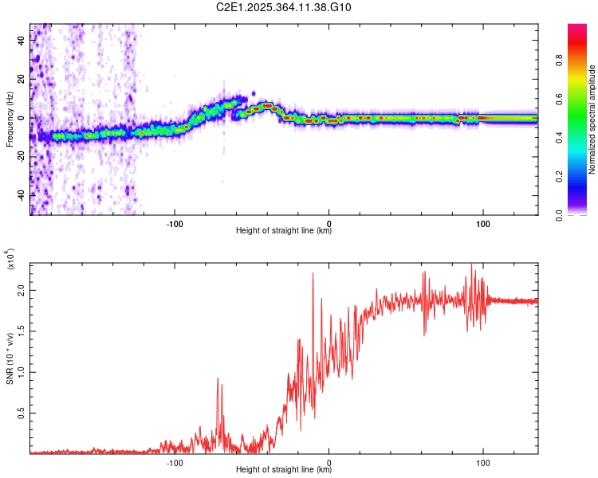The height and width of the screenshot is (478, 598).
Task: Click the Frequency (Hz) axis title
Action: (x=10, y=119)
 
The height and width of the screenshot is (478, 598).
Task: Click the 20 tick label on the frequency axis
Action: (x=22, y=80)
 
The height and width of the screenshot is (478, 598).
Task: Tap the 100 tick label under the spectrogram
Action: (x=482, y=222)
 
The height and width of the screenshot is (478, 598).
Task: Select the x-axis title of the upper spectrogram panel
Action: (x=284, y=232)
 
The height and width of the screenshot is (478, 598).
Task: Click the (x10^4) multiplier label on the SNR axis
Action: (x=10, y=260)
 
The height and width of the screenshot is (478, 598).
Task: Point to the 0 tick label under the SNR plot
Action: (x=329, y=461)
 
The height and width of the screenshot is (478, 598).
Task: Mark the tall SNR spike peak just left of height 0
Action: (x=313, y=273)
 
